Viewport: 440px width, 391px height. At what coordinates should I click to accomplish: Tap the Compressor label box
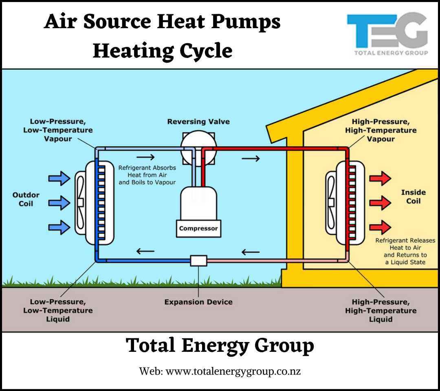pos(198,229)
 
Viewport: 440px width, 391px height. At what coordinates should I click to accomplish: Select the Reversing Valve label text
pos(198,122)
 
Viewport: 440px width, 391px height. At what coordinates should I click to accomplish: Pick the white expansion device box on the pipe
pos(198,260)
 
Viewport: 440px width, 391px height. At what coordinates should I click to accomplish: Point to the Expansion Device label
pos(198,302)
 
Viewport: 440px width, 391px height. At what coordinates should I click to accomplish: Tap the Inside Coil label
pos(413,197)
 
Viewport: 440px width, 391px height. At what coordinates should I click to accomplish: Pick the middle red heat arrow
pos(380,202)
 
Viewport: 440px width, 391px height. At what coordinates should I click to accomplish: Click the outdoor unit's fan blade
pos(80,202)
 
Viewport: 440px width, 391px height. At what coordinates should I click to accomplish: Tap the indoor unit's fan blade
pos(331,202)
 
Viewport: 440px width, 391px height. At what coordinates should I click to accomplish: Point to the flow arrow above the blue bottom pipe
pos(145,251)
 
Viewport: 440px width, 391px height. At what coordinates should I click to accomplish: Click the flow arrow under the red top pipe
pos(251,158)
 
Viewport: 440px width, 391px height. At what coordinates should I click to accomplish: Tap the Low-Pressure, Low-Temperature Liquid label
pos(61,311)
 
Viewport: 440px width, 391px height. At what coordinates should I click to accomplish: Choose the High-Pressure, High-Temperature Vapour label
pos(381,130)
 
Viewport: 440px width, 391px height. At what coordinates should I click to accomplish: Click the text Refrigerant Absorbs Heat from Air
pos(147,171)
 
